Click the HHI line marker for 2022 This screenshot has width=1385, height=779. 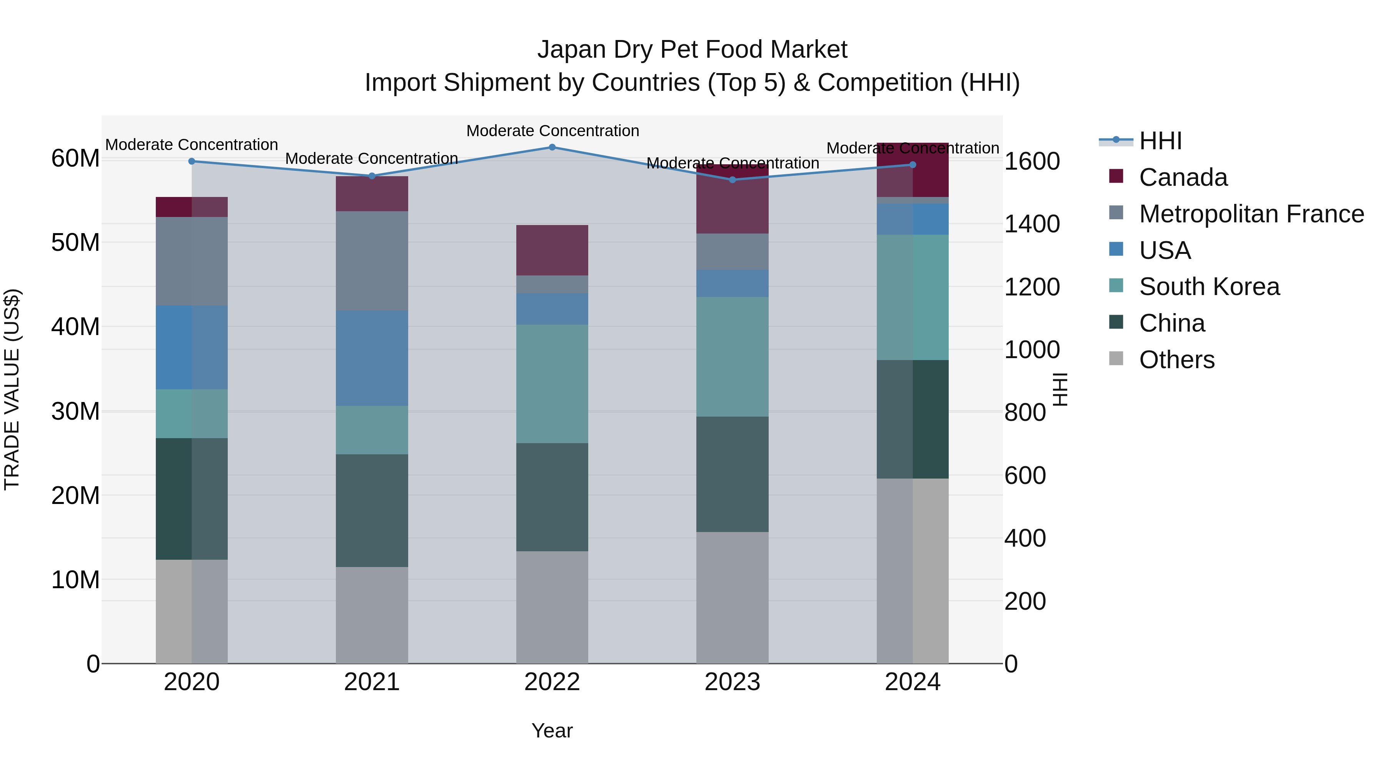[552, 147]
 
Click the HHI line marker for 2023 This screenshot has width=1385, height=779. [732, 180]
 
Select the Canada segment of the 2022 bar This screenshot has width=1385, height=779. [552, 250]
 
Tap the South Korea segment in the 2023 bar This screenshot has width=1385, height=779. [732, 357]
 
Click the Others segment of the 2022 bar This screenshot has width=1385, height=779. [552, 607]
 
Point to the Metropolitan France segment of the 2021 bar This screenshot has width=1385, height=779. [372, 261]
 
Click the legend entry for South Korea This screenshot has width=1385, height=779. [1209, 287]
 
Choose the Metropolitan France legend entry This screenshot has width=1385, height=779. [1251, 214]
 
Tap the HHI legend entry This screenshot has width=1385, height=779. [1160, 141]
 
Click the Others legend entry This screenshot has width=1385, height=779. [1176, 360]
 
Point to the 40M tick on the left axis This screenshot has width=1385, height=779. [76, 327]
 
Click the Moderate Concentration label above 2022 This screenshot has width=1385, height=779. [552, 131]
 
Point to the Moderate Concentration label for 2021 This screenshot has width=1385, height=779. [372, 158]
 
